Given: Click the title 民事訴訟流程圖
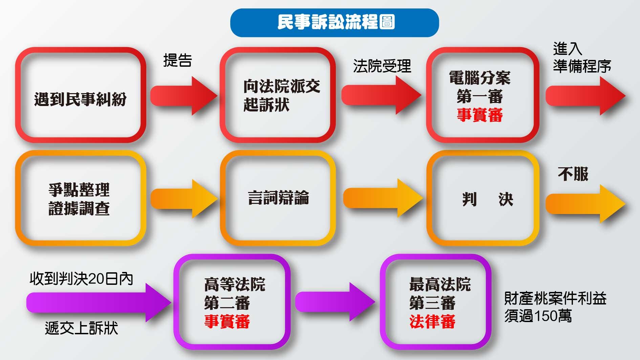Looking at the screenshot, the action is (x=336, y=22).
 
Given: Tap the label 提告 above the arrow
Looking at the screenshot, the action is (x=178, y=60).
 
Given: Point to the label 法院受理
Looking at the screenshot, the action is (x=382, y=66).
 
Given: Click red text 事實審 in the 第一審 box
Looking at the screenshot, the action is (x=480, y=115).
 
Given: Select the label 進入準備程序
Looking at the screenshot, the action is (x=582, y=58).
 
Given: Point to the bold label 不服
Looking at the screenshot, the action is (x=573, y=174).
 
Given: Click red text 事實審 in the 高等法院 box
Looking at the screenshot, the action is (x=227, y=321).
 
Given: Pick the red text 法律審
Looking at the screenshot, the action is (x=432, y=321).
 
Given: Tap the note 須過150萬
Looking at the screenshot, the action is (x=538, y=316).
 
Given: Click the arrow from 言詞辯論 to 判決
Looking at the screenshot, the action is (x=383, y=198).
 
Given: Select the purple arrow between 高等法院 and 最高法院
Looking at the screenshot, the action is (x=335, y=302).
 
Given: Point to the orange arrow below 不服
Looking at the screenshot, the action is (x=585, y=204).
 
